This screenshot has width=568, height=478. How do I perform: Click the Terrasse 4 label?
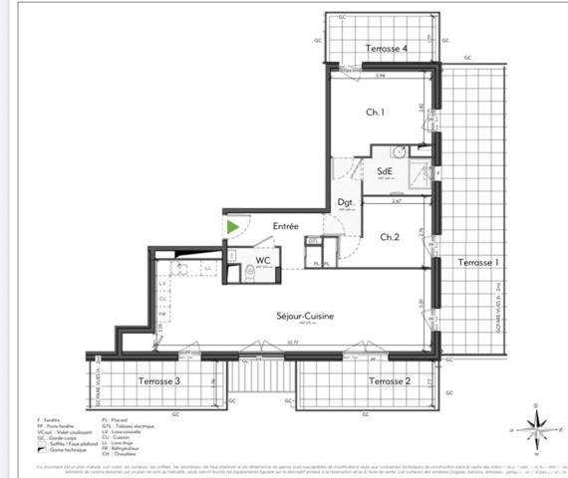pos(386,49)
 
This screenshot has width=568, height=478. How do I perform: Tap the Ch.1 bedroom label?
pos(375,113)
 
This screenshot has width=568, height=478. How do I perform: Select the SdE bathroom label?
pos(385,170)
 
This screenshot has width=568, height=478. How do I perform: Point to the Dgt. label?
pos(347,198)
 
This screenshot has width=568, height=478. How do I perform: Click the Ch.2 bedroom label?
pos(391,237)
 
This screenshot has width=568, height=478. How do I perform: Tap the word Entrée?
pos(286,226)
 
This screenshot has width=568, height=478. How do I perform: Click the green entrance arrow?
pos(233,227)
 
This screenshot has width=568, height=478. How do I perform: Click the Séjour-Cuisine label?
pos(305,316)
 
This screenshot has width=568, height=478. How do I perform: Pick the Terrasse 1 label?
pos(477,263)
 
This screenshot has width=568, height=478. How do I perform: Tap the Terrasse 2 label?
pos(390,380)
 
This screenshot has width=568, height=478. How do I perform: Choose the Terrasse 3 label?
pos(158,380)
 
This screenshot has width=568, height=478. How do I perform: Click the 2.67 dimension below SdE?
pos(396,201)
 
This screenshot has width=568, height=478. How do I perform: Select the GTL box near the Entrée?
pos(312,241)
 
